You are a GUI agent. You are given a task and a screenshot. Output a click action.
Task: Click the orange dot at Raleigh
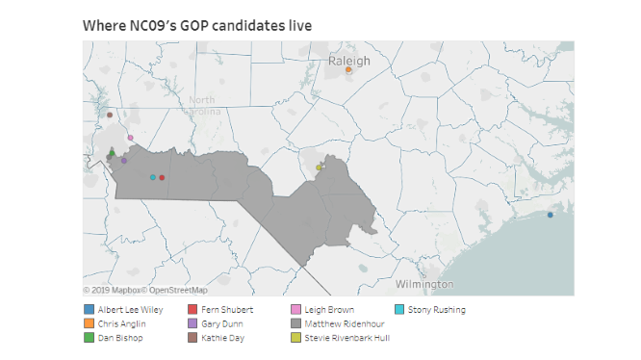[349, 69]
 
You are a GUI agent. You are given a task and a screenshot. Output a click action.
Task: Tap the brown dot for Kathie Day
[110, 116]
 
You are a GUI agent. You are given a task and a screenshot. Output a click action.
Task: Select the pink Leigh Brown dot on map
[130, 138]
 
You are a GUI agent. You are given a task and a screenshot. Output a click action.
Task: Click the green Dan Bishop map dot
[112, 152]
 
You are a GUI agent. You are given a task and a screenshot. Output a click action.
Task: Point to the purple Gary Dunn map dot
[124, 161]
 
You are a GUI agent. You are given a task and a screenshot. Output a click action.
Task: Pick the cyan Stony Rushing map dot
[153, 177]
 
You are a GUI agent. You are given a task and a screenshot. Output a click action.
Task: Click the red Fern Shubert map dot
[162, 177]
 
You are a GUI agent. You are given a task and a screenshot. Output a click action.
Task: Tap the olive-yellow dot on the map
[319, 167]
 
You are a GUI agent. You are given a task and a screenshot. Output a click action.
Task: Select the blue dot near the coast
[551, 215]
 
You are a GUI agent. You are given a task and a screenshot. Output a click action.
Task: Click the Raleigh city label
[348, 60]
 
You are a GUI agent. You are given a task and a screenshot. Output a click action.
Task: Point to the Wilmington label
[424, 284]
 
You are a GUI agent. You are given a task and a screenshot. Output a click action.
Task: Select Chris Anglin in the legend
[120, 323]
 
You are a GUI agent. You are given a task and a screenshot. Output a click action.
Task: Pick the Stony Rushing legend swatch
[399, 309]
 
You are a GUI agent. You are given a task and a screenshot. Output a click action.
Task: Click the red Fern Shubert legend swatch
[192, 309]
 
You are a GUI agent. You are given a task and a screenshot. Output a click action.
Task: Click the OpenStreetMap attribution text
[175, 290]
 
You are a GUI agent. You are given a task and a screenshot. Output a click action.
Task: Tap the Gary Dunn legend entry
[221, 323]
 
